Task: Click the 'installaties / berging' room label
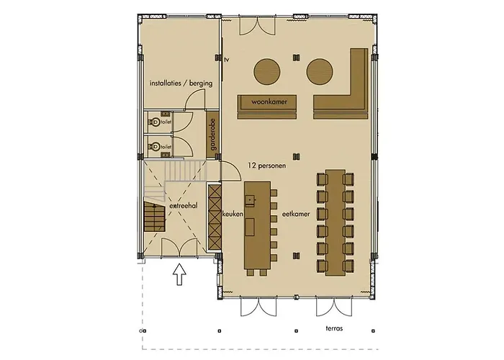181,84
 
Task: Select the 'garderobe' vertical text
212,135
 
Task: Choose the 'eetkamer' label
296,214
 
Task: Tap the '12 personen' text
266,166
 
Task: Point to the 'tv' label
226,60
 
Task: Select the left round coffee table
268,71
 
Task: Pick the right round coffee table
320,71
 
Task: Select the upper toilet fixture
155,122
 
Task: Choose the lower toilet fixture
155,146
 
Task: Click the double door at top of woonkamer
256,27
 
